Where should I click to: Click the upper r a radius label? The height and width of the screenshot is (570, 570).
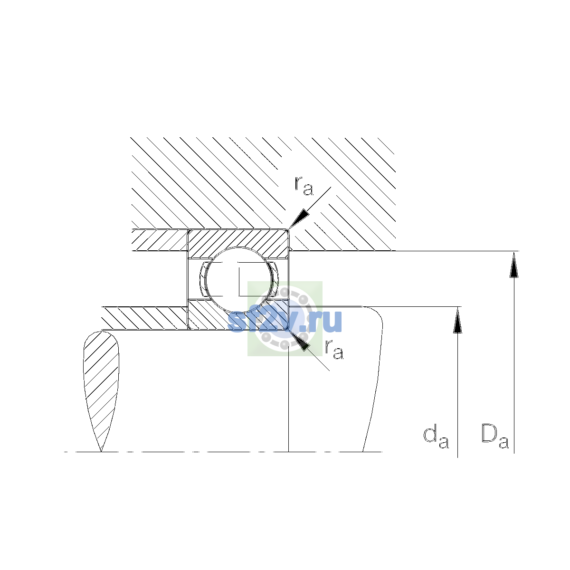(x=304, y=186)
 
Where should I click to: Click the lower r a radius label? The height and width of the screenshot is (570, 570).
(x=334, y=349)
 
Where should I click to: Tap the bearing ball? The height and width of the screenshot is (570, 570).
(x=239, y=280)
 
